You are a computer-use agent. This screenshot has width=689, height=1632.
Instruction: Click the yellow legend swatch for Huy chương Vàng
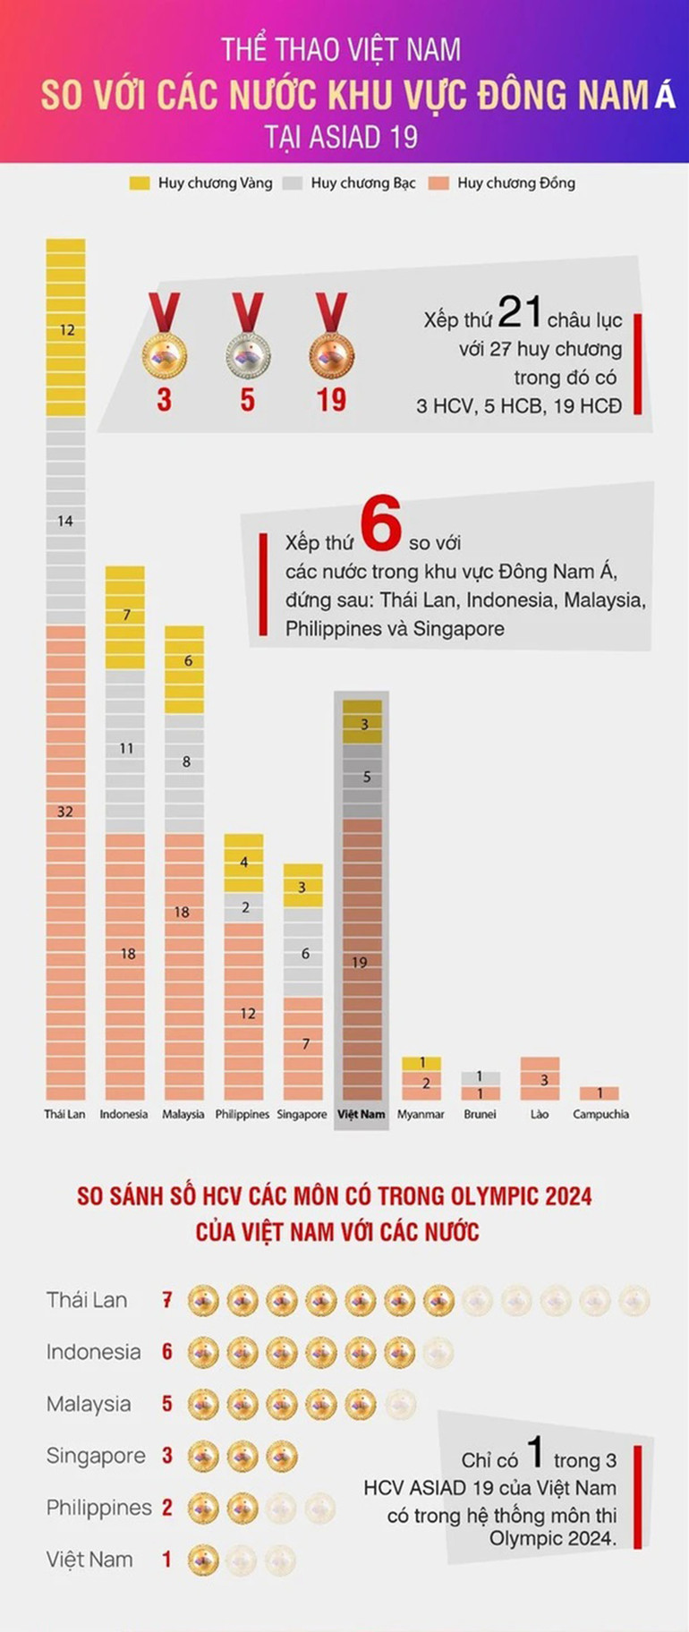(139, 183)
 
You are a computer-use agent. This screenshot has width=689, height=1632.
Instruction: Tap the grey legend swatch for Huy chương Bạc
(292, 183)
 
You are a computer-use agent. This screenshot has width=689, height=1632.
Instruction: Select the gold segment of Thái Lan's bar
(65, 328)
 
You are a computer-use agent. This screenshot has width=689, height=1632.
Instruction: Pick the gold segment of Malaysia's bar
(183, 669)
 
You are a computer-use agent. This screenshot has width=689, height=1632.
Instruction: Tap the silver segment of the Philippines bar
(243, 907)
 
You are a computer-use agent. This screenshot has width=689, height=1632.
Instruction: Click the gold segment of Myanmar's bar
(421, 1063)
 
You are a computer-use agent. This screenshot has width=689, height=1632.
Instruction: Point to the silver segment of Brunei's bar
(480, 1078)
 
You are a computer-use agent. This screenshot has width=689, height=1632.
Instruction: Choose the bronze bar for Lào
(540, 1078)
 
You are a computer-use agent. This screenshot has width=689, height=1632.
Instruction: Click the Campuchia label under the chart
(600, 1115)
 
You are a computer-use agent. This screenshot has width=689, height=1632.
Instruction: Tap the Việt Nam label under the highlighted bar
(362, 1115)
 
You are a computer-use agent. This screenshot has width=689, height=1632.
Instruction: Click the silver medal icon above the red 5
(248, 353)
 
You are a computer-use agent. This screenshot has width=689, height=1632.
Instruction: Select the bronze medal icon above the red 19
(331, 353)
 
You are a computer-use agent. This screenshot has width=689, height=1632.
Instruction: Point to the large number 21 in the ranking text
(519, 312)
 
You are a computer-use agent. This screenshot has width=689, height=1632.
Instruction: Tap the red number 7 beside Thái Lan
(166, 1300)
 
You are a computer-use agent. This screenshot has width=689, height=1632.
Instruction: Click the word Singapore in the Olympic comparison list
(96, 1456)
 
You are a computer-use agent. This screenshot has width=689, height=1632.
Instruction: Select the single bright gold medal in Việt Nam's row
(203, 1560)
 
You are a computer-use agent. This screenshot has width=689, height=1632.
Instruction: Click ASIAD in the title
(342, 137)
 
